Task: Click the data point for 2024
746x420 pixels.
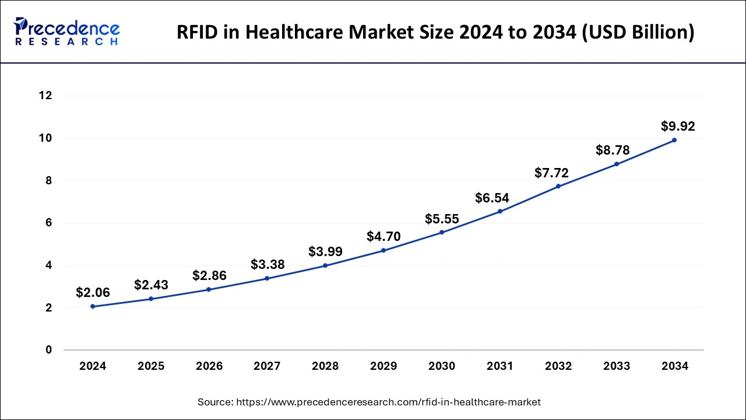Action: [93, 306]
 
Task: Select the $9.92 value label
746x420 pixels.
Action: [678, 126]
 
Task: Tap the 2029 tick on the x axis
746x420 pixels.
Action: [383, 366]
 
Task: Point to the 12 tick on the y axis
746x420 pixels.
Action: [45, 96]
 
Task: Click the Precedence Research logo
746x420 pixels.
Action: [67, 32]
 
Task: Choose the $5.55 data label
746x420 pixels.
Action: [442, 219]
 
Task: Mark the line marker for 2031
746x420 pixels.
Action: [500, 211]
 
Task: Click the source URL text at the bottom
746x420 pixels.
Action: [369, 402]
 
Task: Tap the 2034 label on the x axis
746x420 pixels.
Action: [675, 366]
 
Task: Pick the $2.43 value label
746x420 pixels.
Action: [151, 285]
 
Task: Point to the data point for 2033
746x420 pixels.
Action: [617, 164]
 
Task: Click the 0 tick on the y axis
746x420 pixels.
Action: [49, 350]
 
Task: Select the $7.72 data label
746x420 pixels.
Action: [551, 173]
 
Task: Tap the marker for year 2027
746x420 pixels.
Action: [267, 278]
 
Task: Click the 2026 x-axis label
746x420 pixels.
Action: [209, 366]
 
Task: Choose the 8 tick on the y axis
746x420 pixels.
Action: [49, 181]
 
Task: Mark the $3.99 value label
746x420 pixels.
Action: [325, 252]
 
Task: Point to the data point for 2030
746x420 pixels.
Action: [442, 232]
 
